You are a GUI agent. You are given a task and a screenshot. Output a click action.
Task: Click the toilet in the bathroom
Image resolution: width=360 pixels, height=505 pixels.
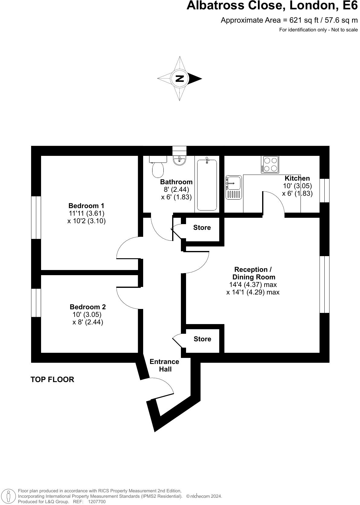[158, 168]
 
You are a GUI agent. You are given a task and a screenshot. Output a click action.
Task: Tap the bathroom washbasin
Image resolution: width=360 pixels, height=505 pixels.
[180, 160]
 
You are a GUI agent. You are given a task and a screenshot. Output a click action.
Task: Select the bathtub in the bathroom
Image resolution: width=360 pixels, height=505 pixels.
[207, 185]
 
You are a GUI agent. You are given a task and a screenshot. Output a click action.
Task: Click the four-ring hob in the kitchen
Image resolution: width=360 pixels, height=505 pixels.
[270, 164]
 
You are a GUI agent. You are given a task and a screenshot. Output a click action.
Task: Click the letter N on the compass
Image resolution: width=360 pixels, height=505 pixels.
[180, 79]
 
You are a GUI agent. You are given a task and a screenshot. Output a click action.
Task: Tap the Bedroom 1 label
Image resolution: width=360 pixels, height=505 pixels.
[86, 206]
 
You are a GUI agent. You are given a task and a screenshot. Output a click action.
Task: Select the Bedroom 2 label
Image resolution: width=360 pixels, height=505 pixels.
[88, 307]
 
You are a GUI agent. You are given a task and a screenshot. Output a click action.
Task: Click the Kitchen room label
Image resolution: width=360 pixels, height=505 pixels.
[297, 178]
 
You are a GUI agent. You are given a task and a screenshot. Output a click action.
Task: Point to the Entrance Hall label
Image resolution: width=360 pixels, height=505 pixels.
[165, 365]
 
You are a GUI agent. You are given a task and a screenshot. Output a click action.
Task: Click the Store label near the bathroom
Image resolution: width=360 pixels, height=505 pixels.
[202, 228]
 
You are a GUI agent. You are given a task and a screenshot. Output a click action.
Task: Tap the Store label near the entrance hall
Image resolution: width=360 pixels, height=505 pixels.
[202, 339]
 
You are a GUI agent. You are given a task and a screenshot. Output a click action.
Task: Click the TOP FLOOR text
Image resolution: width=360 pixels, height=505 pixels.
[52, 380]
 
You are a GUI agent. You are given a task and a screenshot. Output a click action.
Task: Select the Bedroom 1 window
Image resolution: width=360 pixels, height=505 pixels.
[36, 217]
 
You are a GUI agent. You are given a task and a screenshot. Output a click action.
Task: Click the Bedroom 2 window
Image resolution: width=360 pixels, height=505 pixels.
[36, 303]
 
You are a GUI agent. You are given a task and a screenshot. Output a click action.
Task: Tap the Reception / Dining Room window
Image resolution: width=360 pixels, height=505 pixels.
[324, 285]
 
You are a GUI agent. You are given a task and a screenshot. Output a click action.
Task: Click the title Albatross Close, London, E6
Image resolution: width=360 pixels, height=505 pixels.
[272, 6]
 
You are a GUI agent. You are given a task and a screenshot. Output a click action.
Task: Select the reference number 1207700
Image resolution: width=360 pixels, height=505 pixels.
[97, 502]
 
